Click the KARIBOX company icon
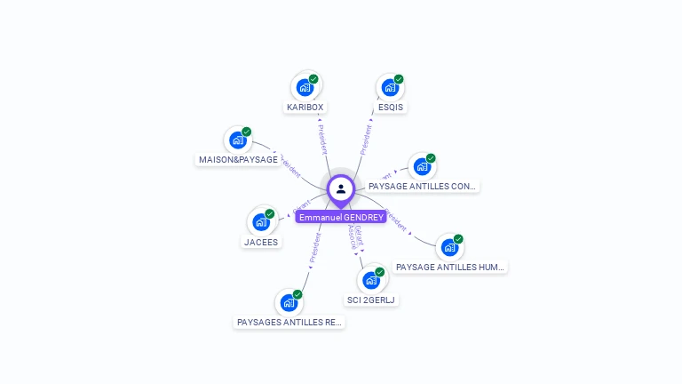coord(305,87)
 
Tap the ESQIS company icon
coord(390,87)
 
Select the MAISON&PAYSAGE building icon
coord(237,140)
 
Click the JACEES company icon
coord(260,221)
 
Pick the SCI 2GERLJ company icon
coord(371,280)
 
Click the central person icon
coord(341,189)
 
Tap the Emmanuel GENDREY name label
coord(341,218)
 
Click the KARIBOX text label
coord(305,108)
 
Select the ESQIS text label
coord(390,108)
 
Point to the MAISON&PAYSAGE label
coord(237,160)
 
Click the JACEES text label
coord(261,242)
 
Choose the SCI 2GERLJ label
coord(371,300)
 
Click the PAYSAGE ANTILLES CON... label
coord(423,187)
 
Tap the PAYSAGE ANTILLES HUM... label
coord(450,267)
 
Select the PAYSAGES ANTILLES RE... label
coord(289,323)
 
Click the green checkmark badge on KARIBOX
coord(313,79)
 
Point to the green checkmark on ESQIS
coord(399,79)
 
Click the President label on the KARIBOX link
coord(321,139)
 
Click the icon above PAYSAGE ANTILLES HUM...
coord(449,246)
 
